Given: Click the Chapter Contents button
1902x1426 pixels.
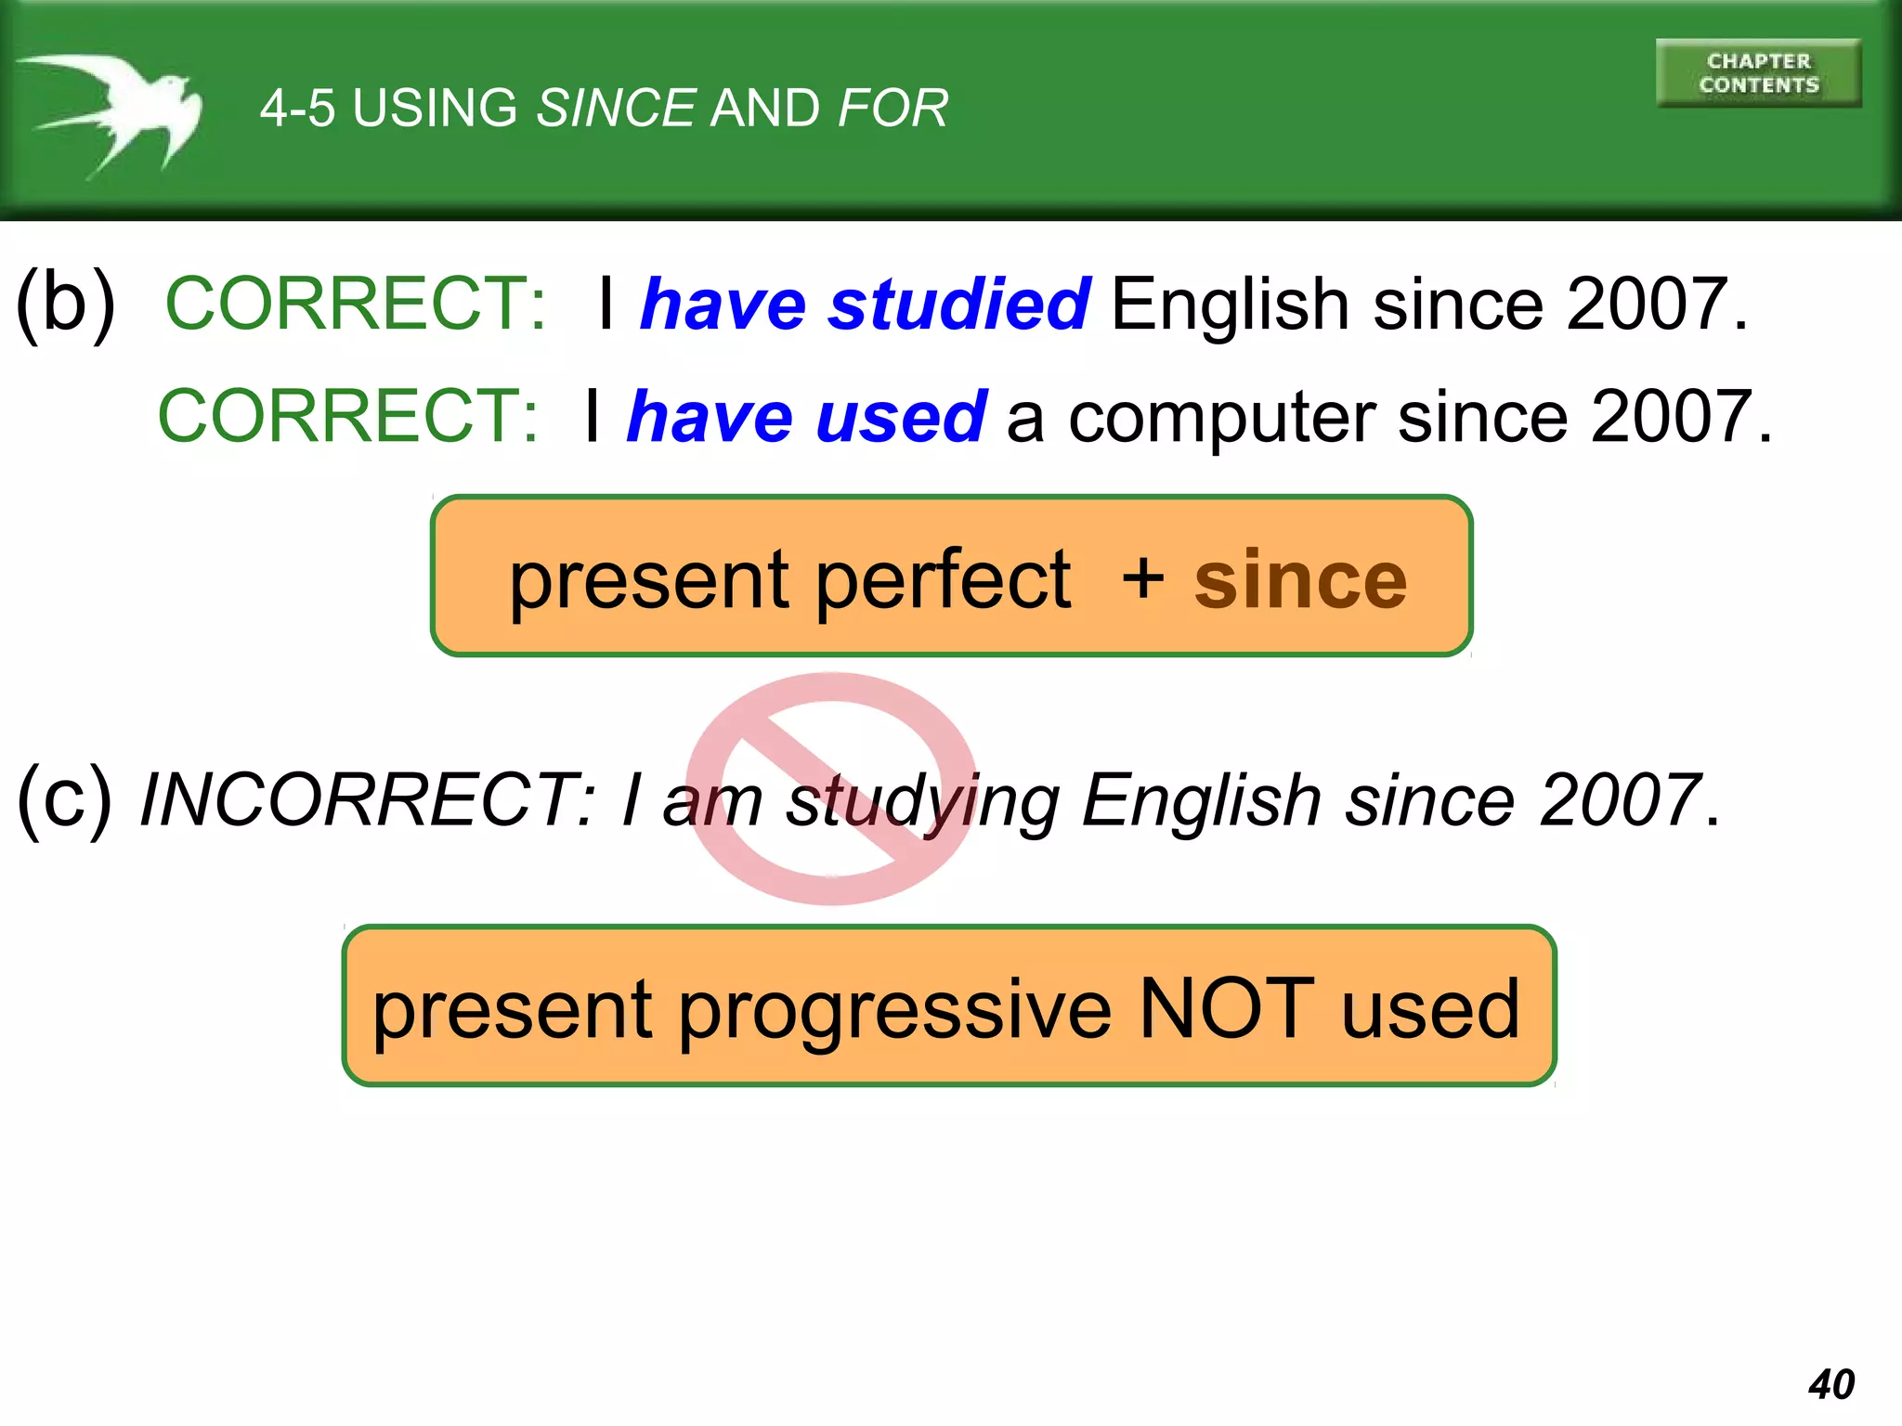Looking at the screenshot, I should (x=1758, y=73).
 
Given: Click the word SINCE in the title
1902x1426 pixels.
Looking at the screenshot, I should (x=616, y=109).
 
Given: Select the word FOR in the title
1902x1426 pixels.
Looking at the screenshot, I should (x=892, y=109).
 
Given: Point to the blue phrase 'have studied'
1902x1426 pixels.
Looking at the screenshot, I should (x=865, y=305).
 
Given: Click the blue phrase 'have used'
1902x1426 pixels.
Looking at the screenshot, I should (x=806, y=417).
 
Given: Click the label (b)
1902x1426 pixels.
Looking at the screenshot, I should (x=66, y=302).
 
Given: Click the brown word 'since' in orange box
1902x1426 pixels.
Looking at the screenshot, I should (x=1300, y=580).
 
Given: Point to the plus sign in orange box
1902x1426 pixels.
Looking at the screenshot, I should (x=1142, y=577).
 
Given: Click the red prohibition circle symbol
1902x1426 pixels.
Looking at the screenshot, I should (x=831, y=788).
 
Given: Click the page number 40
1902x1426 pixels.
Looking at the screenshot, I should (x=1830, y=1384).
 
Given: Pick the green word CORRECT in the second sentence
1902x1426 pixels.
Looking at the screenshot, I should (x=347, y=416).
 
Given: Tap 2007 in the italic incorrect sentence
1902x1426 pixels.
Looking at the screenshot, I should (x=1620, y=799).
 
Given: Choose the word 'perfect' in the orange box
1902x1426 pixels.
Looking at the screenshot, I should (x=943, y=580).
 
